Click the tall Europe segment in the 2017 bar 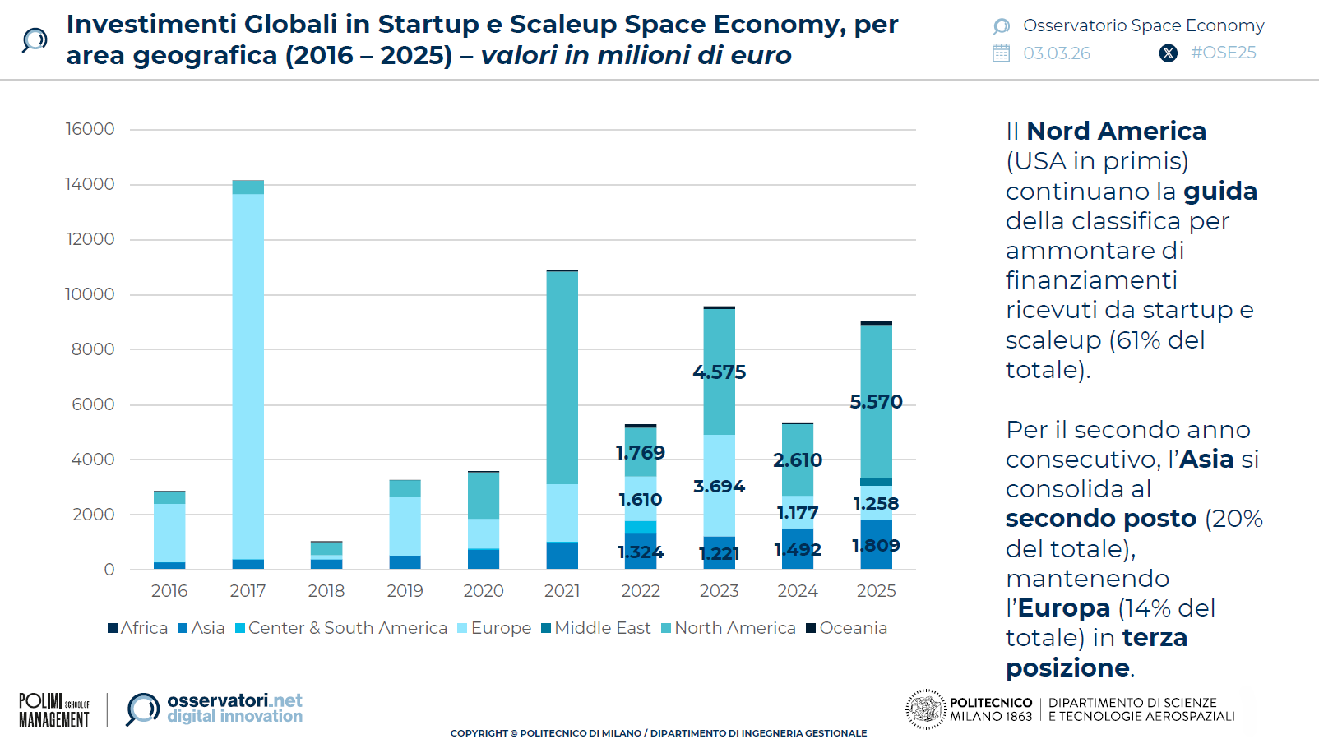[248, 376]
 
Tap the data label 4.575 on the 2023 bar [719, 372]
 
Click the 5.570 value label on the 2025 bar [876, 402]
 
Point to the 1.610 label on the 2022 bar [640, 500]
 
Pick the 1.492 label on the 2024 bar [797, 549]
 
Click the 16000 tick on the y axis [90, 129]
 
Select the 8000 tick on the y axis [92, 349]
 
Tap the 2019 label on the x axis [405, 591]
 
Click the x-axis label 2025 [876, 591]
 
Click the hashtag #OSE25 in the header [1223, 53]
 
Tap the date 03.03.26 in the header [1056, 53]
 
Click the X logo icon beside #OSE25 [1168, 53]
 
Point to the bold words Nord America [1116, 131]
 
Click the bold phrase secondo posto [1100, 519]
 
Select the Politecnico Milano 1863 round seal [926, 709]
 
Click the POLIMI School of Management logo [54, 710]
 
